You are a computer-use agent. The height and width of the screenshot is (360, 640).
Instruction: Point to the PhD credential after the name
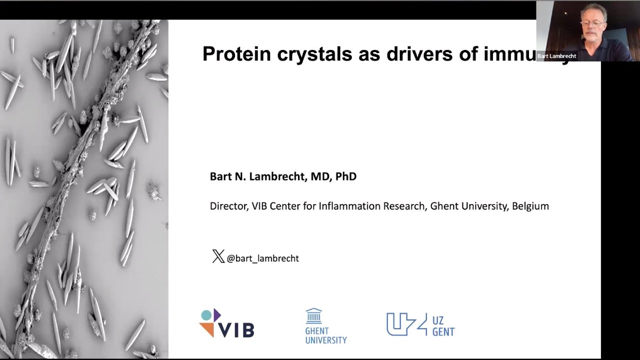(x=345, y=176)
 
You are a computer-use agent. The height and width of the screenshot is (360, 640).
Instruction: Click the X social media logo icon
(x=218, y=257)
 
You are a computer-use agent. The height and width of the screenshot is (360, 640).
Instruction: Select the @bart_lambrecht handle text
(x=262, y=258)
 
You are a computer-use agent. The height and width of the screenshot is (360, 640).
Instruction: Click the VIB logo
(x=227, y=324)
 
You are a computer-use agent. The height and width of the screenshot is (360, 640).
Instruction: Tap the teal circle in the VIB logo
(x=205, y=315)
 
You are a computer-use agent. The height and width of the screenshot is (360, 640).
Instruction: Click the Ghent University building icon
(x=314, y=316)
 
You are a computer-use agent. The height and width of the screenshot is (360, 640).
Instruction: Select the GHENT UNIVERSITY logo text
(x=325, y=335)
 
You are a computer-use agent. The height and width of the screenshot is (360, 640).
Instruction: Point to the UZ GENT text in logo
(x=443, y=325)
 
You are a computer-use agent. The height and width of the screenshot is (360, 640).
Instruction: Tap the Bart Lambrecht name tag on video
(x=556, y=56)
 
